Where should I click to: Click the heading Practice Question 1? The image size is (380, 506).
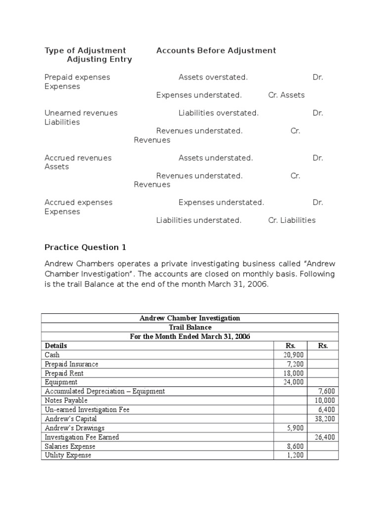82,247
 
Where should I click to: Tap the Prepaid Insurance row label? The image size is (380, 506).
71,364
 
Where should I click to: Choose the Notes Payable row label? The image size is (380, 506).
66,400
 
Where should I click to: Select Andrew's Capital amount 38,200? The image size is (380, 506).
325,419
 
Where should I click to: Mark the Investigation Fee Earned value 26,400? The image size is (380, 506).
325,437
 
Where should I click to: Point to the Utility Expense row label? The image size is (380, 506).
68,455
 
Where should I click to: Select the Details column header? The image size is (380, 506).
56,345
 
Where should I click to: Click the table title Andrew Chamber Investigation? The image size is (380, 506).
190,318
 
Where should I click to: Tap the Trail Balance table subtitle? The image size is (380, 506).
190,327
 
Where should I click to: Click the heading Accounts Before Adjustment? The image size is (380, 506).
216,50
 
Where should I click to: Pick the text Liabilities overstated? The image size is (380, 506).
218,113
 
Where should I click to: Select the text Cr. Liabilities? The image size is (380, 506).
291,220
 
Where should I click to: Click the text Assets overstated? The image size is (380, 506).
213,77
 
